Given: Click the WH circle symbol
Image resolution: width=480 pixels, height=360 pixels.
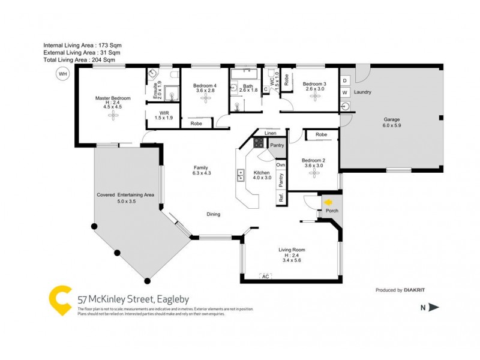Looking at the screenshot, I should (x=62, y=74).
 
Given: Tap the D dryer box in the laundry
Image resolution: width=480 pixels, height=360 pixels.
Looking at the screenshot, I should (x=345, y=80).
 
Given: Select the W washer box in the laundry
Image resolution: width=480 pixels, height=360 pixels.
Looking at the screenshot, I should (x=345, y=93).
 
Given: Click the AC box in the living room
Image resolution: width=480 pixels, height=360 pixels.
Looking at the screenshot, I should (x=265, y=276).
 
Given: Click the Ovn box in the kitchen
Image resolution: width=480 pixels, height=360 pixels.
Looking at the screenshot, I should (x=280, y=164).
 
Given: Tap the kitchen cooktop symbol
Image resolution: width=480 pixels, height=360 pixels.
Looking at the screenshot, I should (x=259, y=143).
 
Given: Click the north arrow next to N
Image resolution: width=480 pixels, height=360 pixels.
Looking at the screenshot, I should (x=434, y=308).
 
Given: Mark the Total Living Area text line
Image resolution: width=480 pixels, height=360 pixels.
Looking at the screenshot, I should (x=79, y=60).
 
